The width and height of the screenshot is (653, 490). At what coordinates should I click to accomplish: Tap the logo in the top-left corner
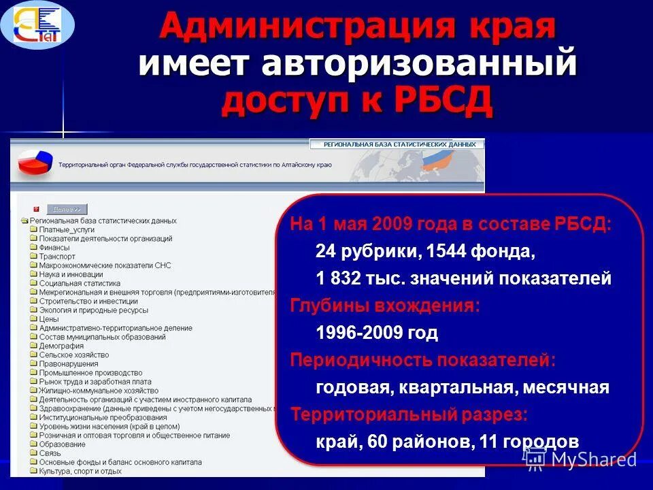point(38,25)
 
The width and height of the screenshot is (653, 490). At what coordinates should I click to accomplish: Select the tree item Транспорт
point(57,257)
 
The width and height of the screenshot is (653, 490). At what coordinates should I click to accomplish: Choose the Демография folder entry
point(61,346)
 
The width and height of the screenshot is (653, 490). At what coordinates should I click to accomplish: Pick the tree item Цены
point(49,319)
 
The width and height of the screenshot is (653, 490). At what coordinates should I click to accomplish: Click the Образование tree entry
point(62,444)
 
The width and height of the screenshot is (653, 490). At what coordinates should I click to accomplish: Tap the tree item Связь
point(50,453)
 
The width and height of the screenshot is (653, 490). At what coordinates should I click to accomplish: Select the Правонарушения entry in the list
point(68,363)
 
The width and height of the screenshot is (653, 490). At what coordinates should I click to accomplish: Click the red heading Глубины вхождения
point(385,306)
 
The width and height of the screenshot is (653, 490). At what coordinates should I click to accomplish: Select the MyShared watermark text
point(593,459)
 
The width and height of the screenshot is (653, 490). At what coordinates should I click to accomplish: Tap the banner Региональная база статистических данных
point(398,144)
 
